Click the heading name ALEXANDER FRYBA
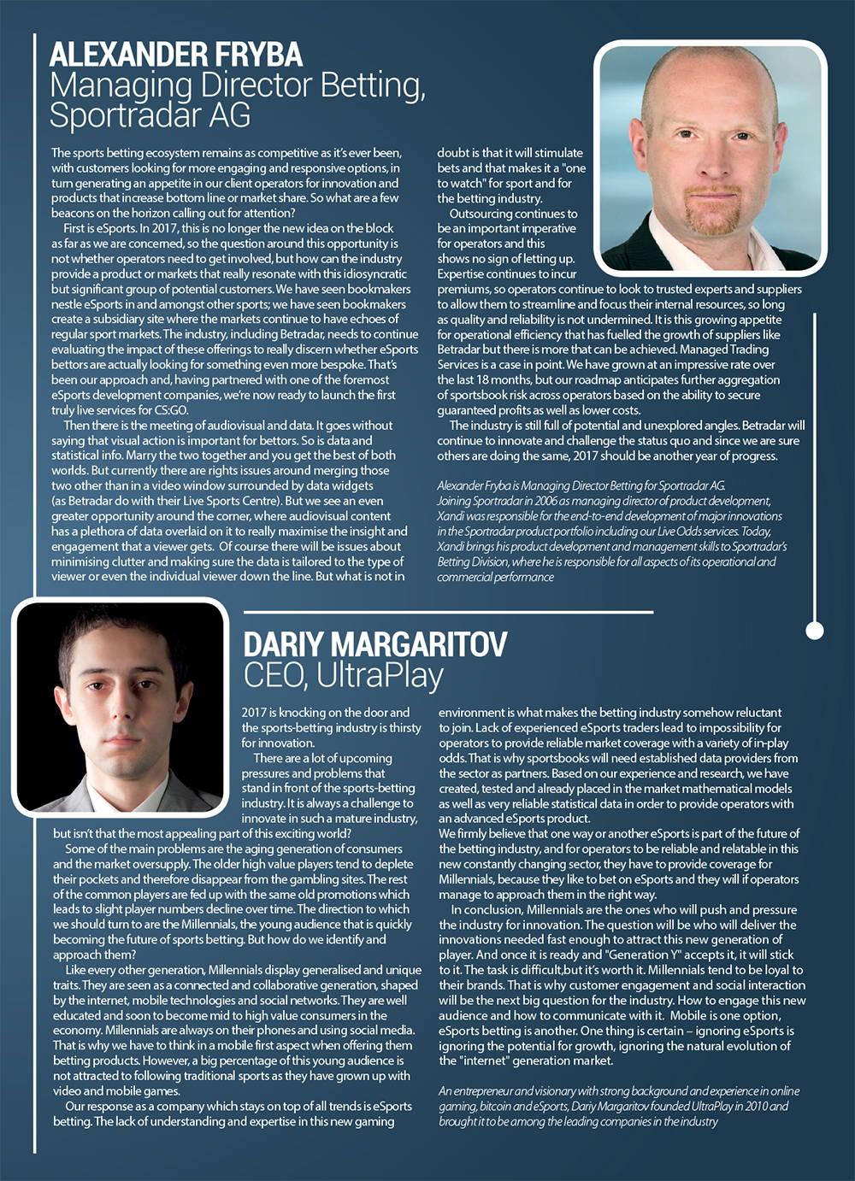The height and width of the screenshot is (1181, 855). (176, 56)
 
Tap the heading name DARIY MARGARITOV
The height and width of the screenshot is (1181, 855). (374, 644)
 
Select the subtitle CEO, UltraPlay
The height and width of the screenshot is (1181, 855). (343, 675)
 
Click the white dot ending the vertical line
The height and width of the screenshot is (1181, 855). (815, 631)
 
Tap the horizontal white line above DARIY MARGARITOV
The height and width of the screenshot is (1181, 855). (448, 613)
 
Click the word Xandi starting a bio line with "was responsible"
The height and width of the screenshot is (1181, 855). (452, 516)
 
